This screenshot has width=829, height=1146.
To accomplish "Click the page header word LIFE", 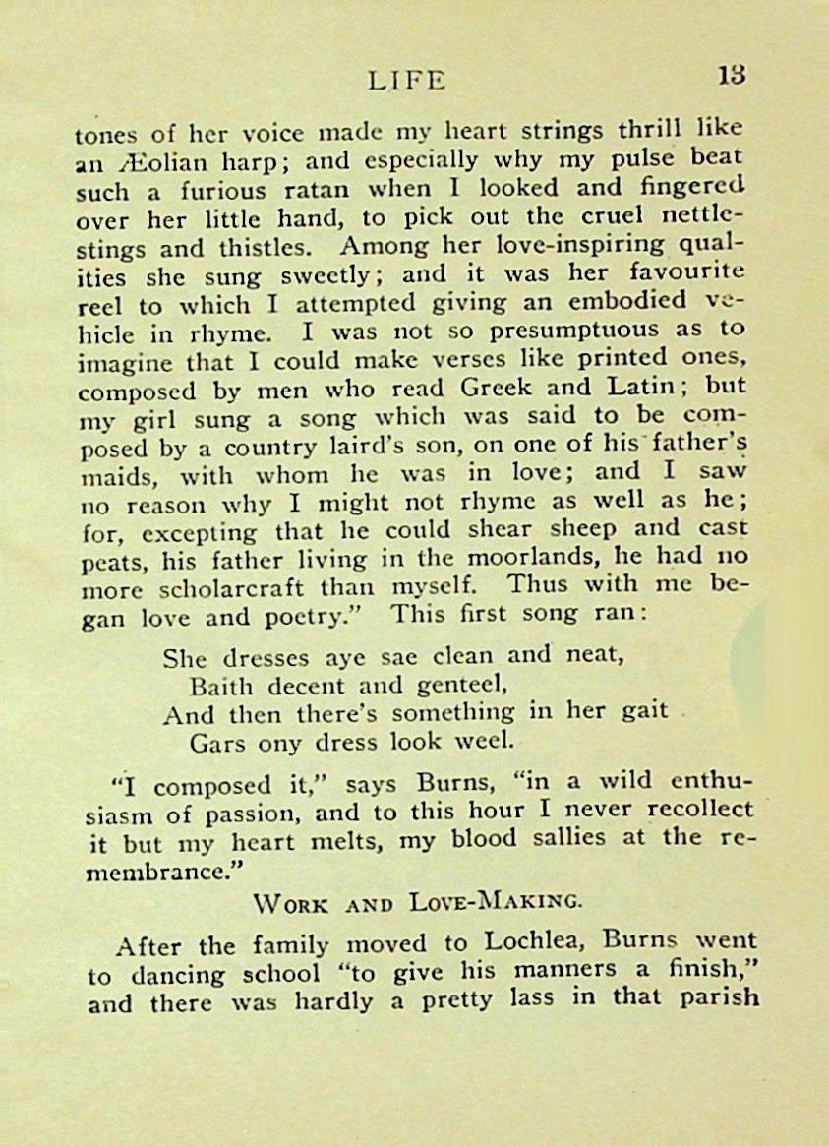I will pos(406,80).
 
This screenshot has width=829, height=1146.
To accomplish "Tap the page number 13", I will pos(731,76).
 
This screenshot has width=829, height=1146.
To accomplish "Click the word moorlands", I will pos(510,560).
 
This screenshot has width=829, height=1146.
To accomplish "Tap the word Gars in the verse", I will pos(219,743).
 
